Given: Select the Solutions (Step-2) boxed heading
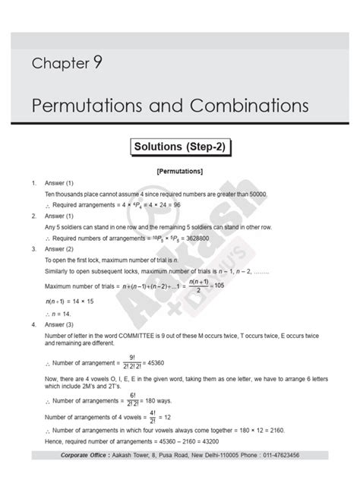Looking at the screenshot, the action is [x=180, y=145].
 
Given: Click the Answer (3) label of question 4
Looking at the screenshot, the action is [x=58, y=323].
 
